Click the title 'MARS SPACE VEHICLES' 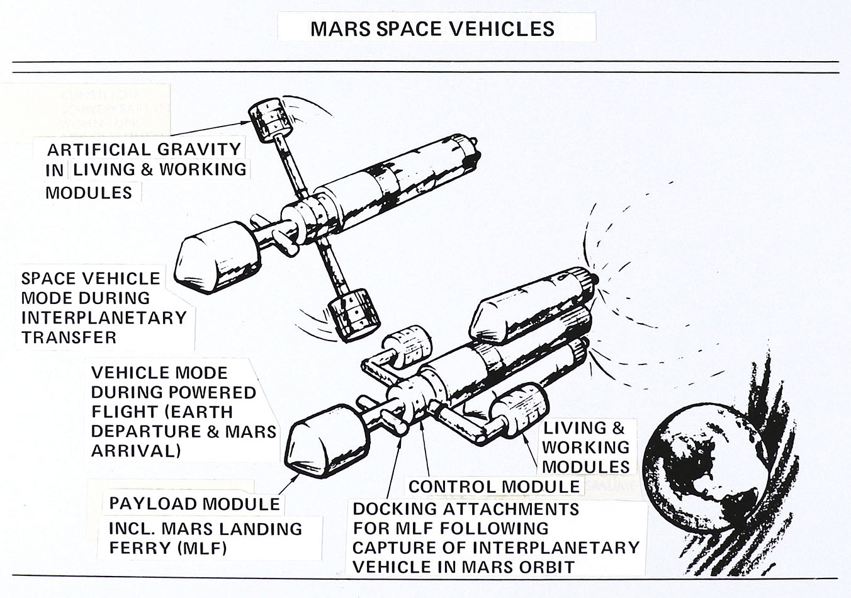(x=432, y=28)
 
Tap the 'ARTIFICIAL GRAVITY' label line (x=144, y=150)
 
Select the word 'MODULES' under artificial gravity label (x=89, y=192)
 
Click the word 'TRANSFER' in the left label (x=69, y=337)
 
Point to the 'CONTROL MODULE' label (x=494, y=487)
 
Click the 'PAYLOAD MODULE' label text (x=194, y=504)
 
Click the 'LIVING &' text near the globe (x=583, y=428)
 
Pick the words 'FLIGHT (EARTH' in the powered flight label (x=162, y=412)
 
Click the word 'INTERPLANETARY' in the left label (x=104, y=317)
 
